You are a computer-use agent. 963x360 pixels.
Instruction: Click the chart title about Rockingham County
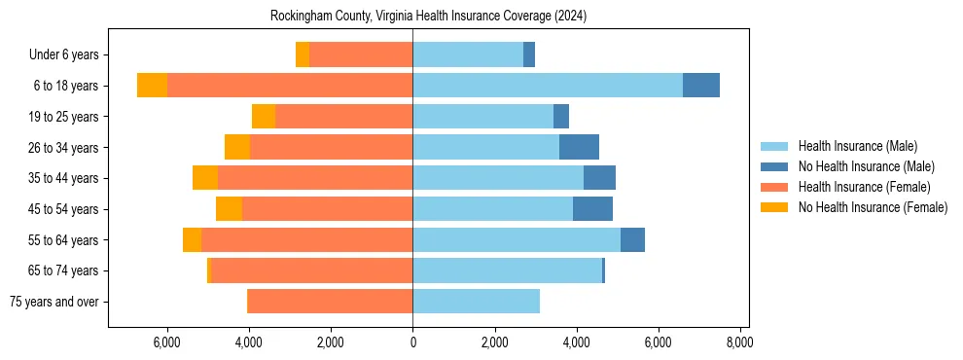coord(428,16)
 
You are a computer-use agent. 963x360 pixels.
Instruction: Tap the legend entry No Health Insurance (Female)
coord(873,207)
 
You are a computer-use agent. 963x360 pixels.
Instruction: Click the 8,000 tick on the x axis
coord(739,342)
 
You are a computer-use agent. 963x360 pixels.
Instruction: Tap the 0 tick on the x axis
coord(412,342)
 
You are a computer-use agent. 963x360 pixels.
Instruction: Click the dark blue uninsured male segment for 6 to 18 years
coord(700,86)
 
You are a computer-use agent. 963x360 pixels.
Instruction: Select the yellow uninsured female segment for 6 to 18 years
coord(152,86)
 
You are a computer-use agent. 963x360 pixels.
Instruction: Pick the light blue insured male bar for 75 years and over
coord(476,302)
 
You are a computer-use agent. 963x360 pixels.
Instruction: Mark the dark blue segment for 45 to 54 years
coord(592,209)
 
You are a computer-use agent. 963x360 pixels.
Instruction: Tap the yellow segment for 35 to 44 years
coord(205,178)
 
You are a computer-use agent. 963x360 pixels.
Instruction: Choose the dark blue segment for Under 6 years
coord(529,54)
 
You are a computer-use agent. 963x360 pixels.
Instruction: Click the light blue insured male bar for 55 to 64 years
coord(517,239)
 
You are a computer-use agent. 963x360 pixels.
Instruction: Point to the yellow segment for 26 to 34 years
coord(237,147)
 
